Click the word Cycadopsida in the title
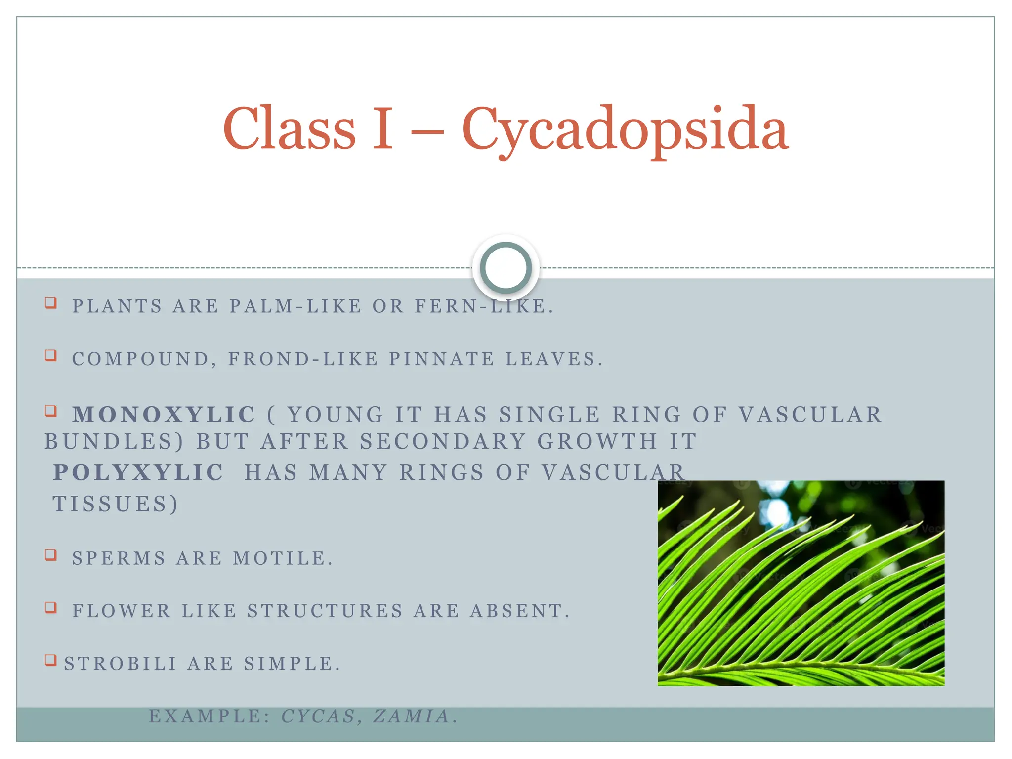[625, 129]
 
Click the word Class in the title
[289, 129]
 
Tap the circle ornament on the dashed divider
[506, 268]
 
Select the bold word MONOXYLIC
[164, 415]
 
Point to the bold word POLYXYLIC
[138, 473]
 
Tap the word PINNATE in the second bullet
[441, 359]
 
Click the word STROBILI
[121, 664]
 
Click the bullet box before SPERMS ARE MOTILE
[51, 555]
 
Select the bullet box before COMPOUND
[51, 355]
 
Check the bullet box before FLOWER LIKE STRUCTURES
[51, 607]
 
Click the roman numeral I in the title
[382, 129]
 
